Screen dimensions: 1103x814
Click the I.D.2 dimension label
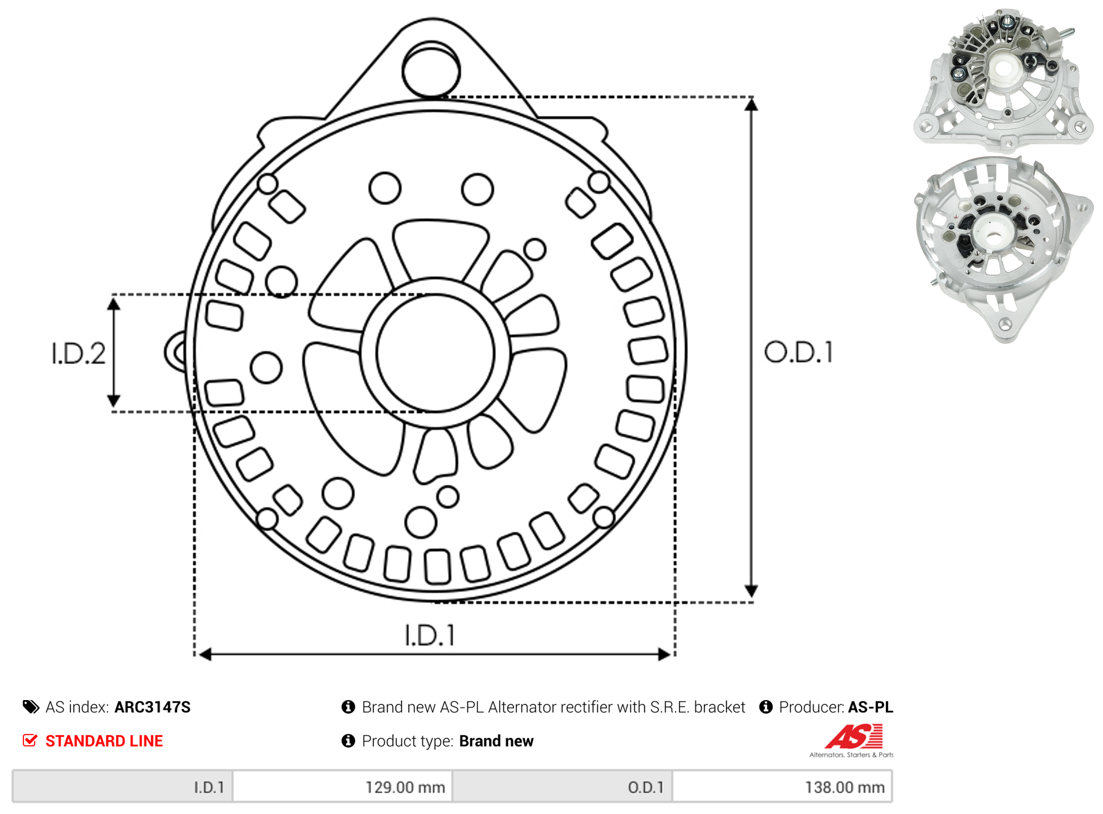[x=79, y=354]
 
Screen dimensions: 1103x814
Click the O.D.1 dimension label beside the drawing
[x=799, y=353]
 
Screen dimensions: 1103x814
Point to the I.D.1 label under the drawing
[x=430, y=636]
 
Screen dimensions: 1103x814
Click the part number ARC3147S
[x=152, y=708]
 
